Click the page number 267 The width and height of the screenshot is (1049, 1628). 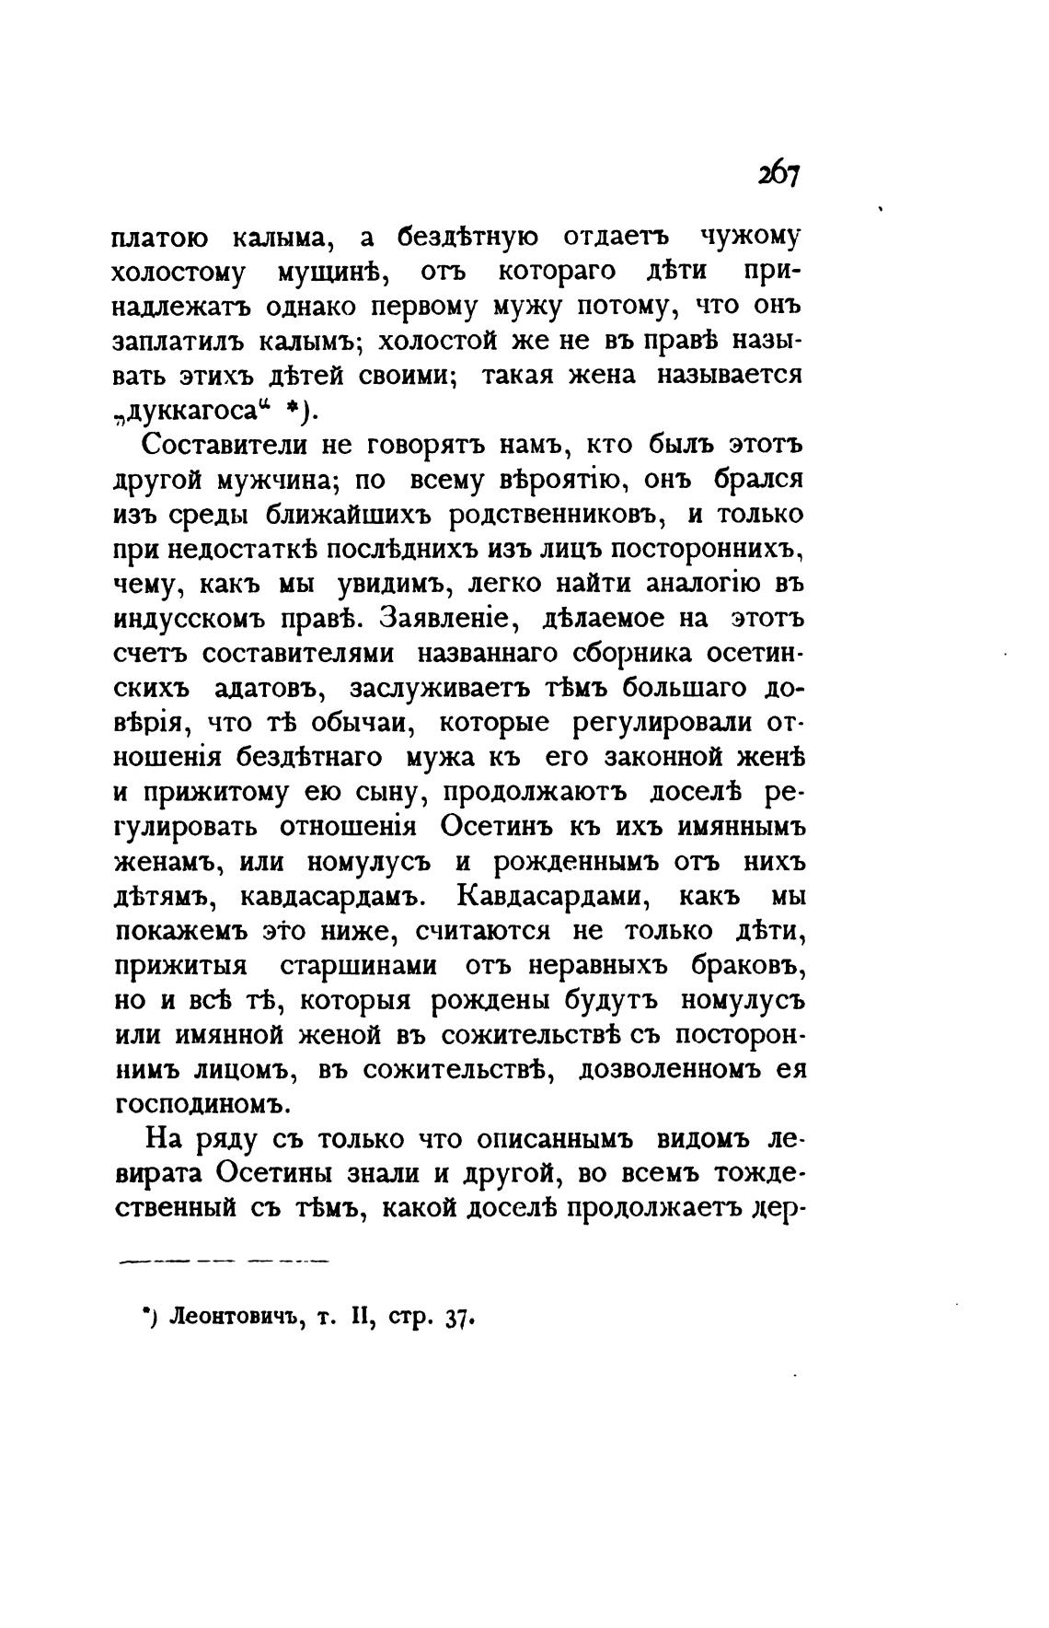point(779,175)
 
